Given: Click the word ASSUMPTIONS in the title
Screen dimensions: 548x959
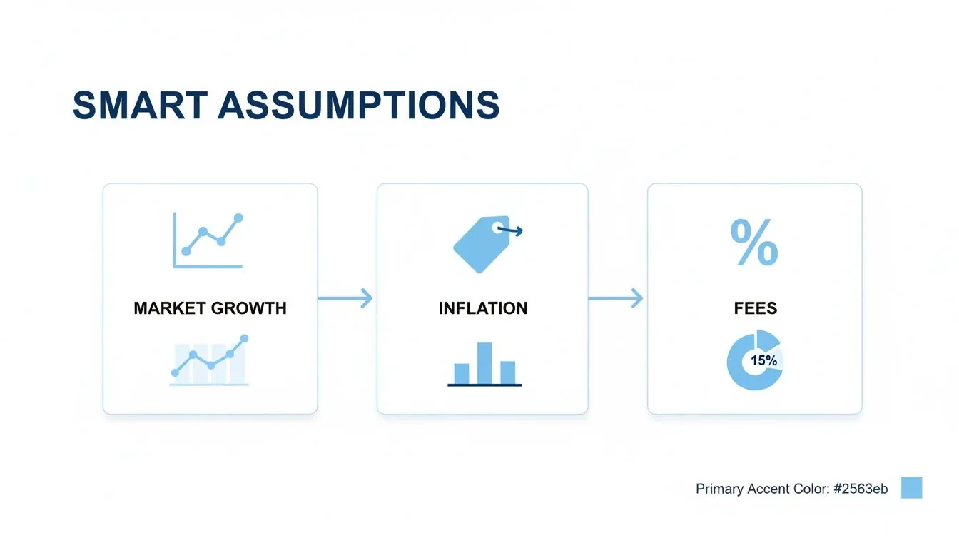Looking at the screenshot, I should click(358, 105).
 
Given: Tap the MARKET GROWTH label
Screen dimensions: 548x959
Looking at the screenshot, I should click(210, 308).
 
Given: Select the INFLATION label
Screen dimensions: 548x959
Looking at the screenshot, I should click(483, 308).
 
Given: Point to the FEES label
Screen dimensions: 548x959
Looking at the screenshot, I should click(755, 308).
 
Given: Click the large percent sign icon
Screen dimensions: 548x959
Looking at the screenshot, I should click(754, 243).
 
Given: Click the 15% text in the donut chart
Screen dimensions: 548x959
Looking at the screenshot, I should click(763, 361).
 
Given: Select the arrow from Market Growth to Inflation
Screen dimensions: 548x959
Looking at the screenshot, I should click(345, 298).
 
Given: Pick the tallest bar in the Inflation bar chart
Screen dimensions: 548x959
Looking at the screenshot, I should click(484, 362).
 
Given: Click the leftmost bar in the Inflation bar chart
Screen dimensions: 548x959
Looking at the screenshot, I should click(462, 373).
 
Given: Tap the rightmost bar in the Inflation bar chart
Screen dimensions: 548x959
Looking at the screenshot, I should click(507, 372).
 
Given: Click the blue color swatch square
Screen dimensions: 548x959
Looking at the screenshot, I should click(911, 488).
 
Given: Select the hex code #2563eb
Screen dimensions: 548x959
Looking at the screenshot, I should click(861, 489).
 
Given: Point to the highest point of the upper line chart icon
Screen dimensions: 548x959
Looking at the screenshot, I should click(238, 218).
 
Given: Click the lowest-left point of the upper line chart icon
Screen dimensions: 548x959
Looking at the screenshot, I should click(186, 251).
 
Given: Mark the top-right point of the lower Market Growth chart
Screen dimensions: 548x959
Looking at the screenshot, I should click(245, 338).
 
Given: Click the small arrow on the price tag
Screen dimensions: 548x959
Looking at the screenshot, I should click(511, 230).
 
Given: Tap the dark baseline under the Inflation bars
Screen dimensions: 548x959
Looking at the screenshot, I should click(484, 385).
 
